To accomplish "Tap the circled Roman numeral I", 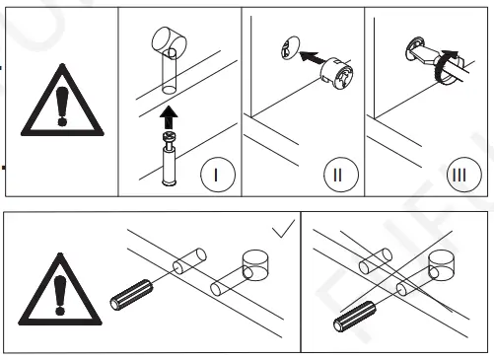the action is pos(218,175).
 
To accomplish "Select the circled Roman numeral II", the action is pos(341,175).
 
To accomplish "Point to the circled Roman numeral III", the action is pos(464,175).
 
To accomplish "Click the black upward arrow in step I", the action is pos(169,117).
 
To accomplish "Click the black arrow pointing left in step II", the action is pos(314,57).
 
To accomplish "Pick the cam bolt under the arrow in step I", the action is pos(169,159).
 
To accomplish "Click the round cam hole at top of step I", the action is pos(169,41).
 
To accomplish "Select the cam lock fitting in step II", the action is pos(337,74).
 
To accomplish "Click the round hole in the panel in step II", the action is pos(290,48).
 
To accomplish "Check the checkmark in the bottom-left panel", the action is pos(283,229).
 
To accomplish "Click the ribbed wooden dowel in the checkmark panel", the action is pos(131,295).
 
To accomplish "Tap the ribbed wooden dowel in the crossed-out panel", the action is pos(355,317).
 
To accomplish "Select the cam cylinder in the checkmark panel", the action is pos(255,265).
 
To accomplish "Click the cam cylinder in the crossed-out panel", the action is pos(442,265).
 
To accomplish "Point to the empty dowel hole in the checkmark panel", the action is pos(189,261).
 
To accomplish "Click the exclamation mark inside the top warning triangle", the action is pos(61,107).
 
